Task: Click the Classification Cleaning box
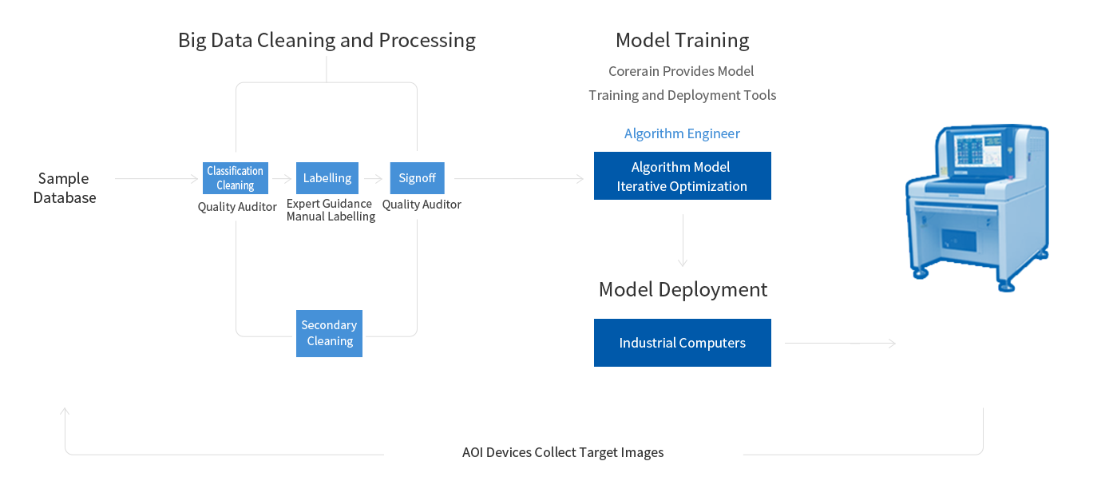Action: [x=236, y=178]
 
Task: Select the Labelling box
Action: [x=327, y=178]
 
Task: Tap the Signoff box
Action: [x=417, y=178]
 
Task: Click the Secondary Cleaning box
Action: [x=329, y=333]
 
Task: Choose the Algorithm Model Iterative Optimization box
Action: [x=682, y=176]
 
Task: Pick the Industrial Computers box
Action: [x=682, y=343]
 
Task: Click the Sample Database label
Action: [x=64, y=188]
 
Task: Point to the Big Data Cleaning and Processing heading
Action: [x=327, y=40]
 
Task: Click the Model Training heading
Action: [x=682, y=40]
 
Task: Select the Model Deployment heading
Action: [x=683, y=289]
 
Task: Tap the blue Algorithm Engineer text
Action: [x=682, y=133]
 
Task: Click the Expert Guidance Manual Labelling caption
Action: [x=331, y=210]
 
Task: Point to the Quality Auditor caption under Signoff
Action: [x=422, y=205]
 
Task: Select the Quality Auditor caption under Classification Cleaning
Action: [x=237, y=207]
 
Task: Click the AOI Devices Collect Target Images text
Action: [x=563, y=452]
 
